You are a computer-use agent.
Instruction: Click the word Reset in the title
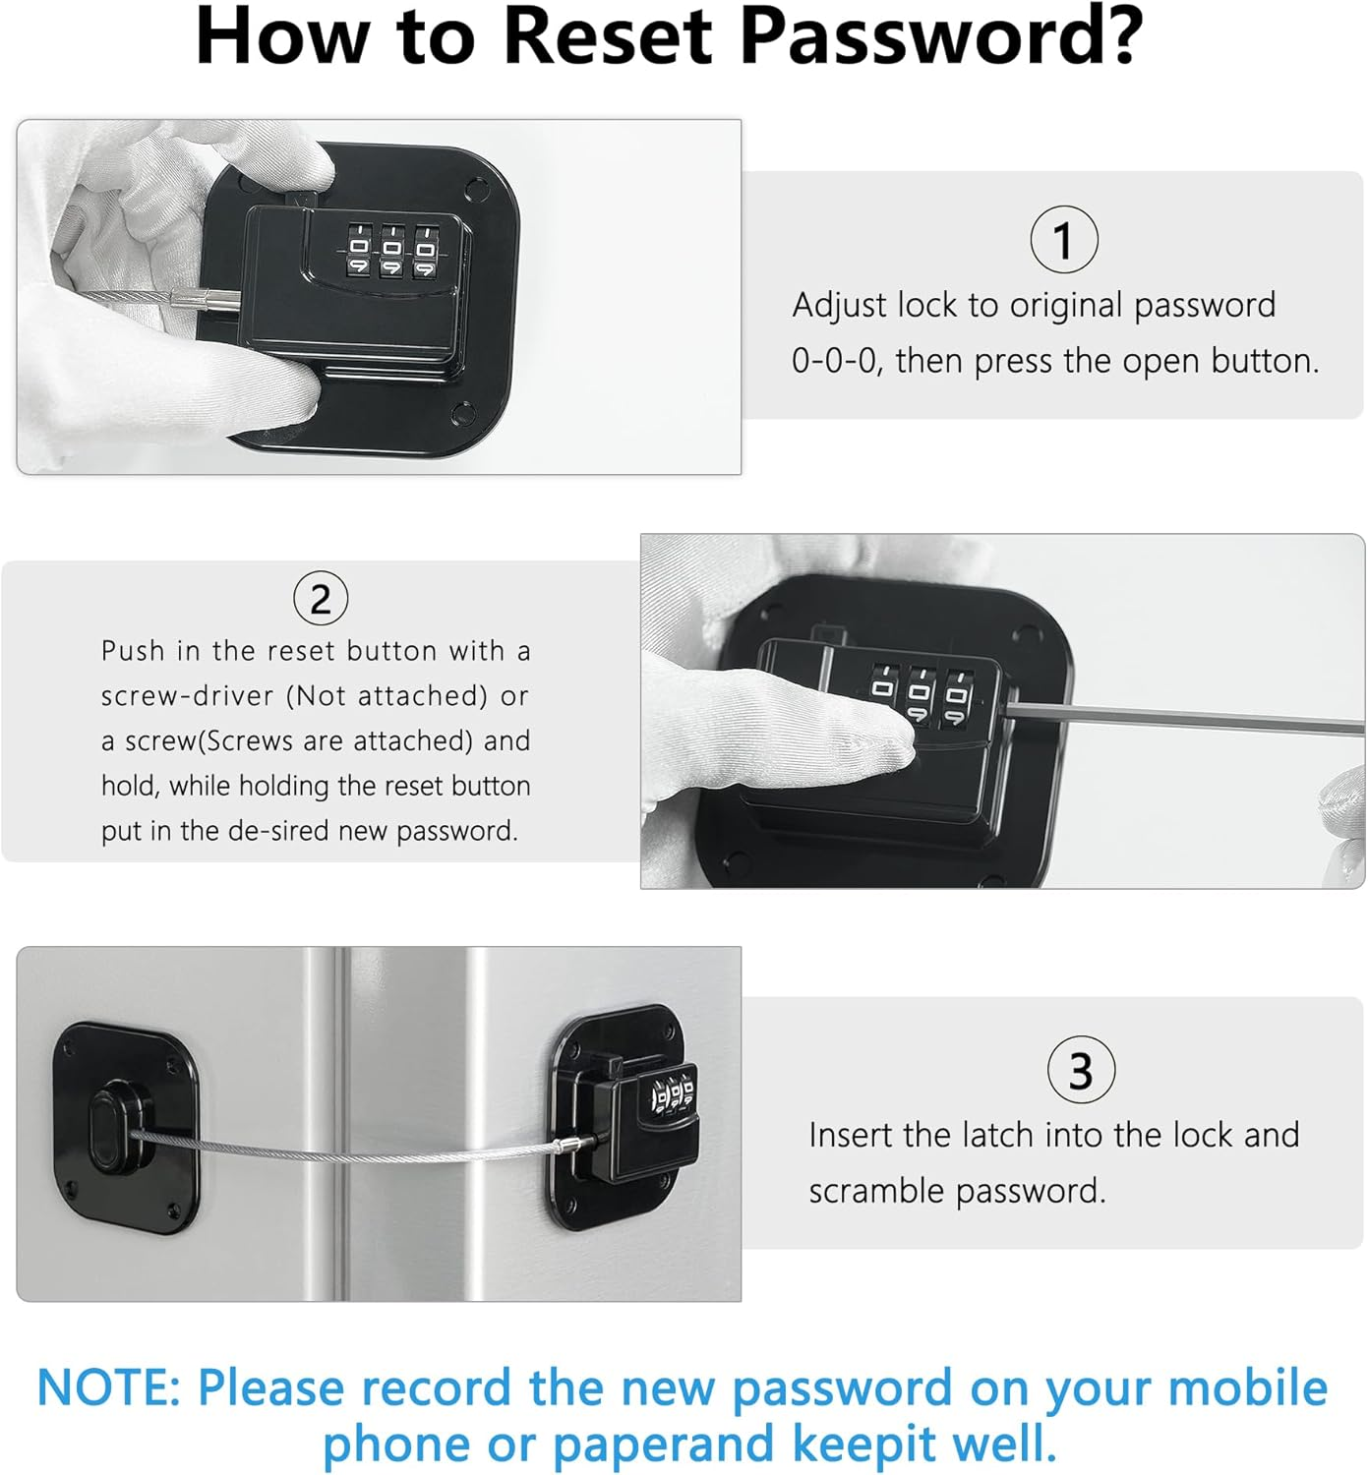(x=607, y=37)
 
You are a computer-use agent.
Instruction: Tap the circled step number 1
(x=1063, y=240)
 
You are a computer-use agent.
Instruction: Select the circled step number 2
(x=321, y=598)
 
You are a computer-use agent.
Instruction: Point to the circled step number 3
(x=1081, y=1070)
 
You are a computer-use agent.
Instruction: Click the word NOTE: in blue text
(x=108, y=1388)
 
